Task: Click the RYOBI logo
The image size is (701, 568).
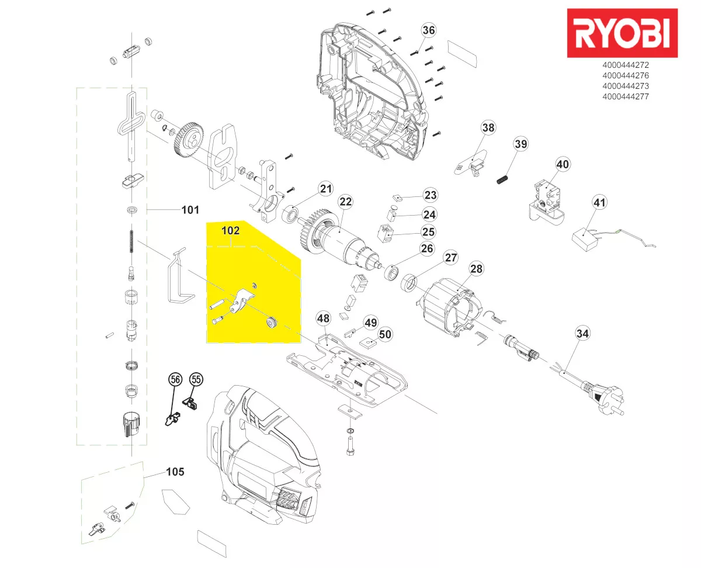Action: pos(622,33)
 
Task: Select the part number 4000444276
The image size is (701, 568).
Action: pos(625,76)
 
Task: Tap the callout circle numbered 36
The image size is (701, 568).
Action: pos(429,30)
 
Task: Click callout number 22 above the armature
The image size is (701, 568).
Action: pos(346,202)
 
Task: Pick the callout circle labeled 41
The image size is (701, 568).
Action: pos(599,203)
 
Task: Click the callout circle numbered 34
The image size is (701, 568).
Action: pos(582,334)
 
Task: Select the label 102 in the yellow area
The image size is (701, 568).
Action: pos(230,231)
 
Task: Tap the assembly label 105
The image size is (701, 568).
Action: pos(175,472)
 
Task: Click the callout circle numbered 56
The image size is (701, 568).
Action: pos(174,379)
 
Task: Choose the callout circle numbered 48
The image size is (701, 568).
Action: pos(323,318)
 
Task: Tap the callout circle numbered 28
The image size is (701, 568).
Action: pos(477,269)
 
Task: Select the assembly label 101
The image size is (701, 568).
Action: pos(190,210)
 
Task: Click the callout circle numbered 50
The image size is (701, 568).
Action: pos(385,334)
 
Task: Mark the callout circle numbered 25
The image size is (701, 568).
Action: pos(428,232)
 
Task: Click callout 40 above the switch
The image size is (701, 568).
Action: pos(562,165)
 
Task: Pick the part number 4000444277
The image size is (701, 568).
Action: pos(625,97)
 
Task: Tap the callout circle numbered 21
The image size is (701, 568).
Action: pos(325,188)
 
